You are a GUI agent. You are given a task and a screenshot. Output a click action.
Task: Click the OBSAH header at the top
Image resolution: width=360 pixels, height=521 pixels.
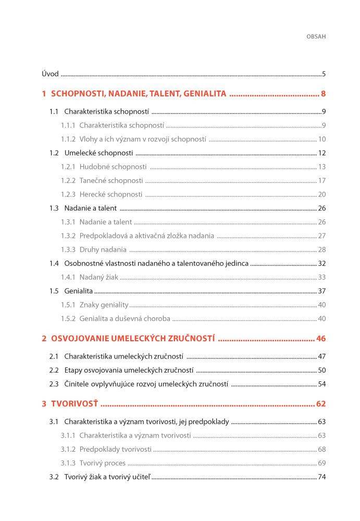[x=315, y=37]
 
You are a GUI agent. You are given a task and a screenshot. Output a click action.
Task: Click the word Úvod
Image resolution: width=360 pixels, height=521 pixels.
[x=50, y=74]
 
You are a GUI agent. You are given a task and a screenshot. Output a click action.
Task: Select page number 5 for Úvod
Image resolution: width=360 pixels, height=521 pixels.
[x=324, y=74]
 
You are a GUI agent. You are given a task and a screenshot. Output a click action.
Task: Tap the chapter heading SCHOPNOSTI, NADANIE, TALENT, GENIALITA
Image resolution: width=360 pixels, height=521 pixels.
[x=139, y=94]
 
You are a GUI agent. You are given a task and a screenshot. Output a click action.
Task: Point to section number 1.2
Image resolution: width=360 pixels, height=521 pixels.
[x=54, y=153]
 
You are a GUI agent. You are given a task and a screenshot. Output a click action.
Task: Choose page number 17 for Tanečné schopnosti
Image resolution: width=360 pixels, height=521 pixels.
[x=322, y=181]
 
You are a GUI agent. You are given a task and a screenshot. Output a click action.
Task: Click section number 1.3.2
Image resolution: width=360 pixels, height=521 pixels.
[x=68, y=236]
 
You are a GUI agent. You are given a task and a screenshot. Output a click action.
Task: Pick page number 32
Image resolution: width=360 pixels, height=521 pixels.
[x=322, y=264]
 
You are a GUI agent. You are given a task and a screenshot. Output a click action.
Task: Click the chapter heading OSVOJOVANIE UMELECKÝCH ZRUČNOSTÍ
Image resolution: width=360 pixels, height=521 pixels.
[x=133, y=339]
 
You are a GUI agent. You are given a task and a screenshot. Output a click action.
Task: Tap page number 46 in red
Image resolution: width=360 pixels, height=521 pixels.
[x=320, y=339]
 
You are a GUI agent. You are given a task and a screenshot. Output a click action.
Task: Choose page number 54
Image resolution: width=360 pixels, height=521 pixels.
[x=322, y=384]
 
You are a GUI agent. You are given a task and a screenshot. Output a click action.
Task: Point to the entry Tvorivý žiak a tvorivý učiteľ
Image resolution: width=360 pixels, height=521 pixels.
[x=107, y=477]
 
